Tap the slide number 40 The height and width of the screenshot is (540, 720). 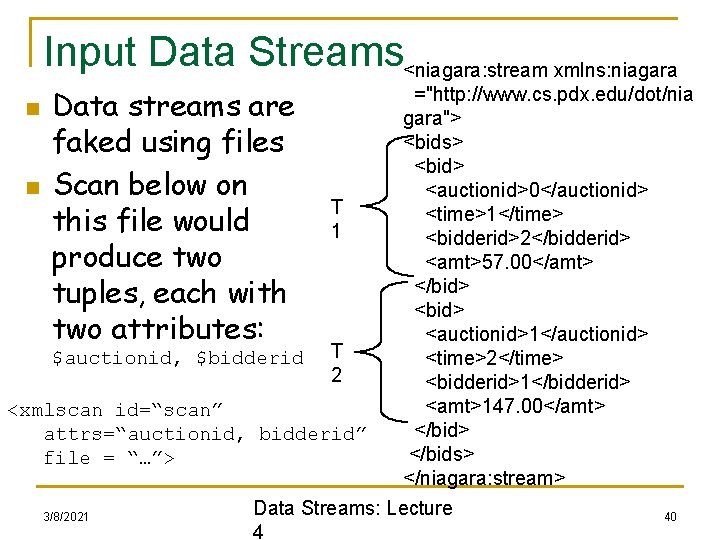670,516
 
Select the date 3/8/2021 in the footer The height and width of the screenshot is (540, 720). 66,516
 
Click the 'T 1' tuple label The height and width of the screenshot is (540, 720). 338,218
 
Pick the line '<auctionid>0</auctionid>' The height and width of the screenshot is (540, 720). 538,189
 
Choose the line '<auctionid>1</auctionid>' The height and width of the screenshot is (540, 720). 538,333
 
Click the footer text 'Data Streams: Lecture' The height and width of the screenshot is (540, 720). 353,508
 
